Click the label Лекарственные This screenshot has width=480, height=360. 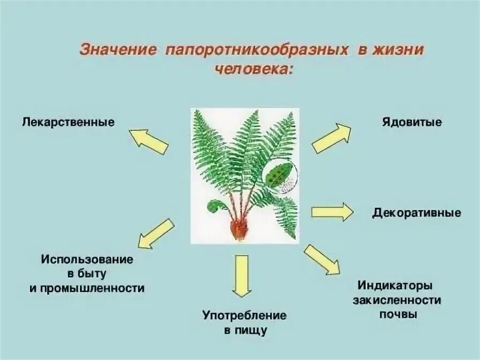tap(69, 122)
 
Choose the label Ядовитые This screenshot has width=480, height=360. tap(412, 122)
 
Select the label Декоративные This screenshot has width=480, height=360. tap(417, 213)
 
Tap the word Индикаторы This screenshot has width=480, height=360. tap(395, 285)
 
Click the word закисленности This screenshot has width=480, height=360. tap(397, 300)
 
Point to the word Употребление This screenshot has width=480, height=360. tap(244, 316)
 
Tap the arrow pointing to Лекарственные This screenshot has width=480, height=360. tap(149, 141)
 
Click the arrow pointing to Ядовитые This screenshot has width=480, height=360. tap(332, 138)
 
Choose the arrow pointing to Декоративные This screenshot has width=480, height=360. tap(332, 212)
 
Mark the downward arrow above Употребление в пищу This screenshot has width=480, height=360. tap(242, 275)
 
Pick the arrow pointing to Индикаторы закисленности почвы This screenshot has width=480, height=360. tap(322, 260)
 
